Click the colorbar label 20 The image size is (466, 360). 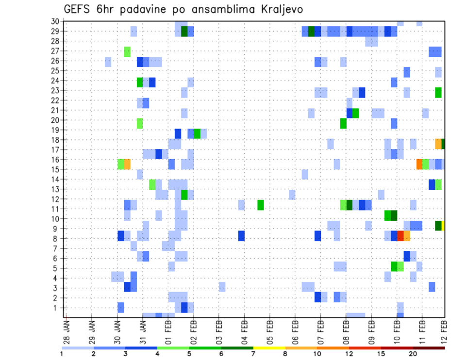pos(413,354)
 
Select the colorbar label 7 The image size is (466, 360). pos(253,354)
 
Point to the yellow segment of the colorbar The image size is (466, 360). pos(269,348)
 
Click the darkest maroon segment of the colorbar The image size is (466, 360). pos(429,348)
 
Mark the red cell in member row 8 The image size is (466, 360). pos(400,236)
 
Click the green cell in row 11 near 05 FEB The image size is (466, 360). pos(261,205)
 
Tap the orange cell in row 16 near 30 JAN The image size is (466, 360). pos(127,164)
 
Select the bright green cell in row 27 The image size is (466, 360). pos(127,51)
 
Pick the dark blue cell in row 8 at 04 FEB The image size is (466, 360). pos(241,236)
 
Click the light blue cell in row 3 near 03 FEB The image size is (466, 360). pos(222,287)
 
